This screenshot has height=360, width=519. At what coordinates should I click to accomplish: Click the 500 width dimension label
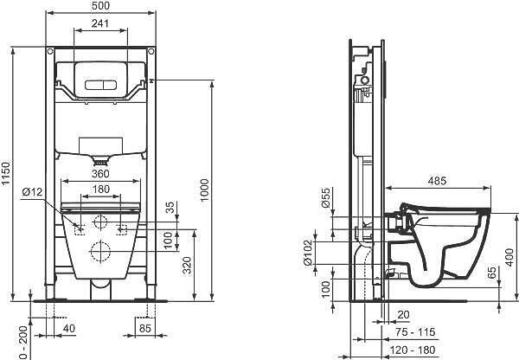coord(100,6)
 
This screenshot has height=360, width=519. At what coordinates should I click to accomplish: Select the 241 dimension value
coord(100,23)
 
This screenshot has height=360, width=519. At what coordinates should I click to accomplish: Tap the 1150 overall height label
coord(6,173)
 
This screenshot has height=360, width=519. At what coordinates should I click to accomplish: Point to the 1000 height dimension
coord(204,190)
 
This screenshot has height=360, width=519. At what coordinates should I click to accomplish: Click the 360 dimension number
coord(100,174)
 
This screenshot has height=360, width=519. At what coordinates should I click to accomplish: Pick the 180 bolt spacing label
coord(100,190)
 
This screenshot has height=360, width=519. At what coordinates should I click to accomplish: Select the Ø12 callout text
coord(32,192)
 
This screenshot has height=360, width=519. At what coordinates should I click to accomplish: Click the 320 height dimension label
coord(188,266)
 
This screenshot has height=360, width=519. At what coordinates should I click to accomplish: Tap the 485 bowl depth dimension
coord(437,181)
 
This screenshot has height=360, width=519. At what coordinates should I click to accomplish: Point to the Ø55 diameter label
coord(326,197)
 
